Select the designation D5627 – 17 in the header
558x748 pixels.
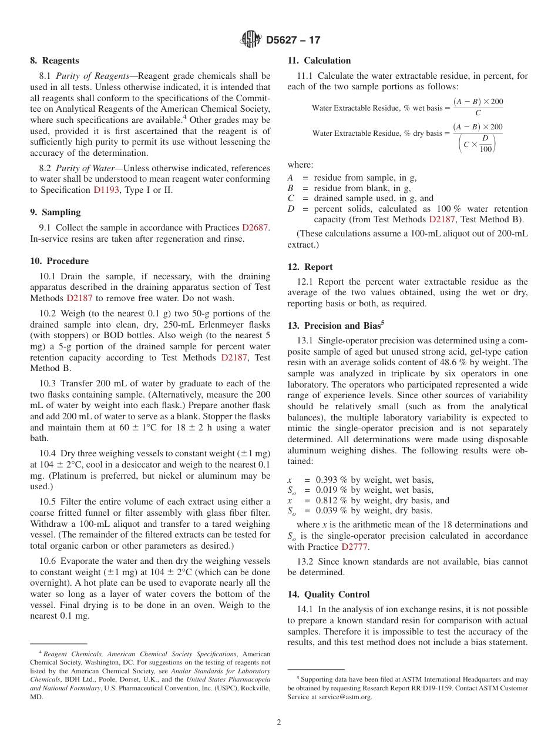pos(293,41)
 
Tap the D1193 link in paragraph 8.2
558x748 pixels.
pos(106,190)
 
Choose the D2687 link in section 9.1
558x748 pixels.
pos(255,228)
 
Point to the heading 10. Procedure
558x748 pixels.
pos(59,261)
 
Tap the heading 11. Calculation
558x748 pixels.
pos(319,61)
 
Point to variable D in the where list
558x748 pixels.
pos(290,209)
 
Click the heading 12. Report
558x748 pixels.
pos(310,267)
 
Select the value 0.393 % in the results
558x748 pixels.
pos(331,480)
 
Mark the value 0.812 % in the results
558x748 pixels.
pos(331,500)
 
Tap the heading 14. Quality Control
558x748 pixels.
pos(329,595)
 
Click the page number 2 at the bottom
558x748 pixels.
pos(279,723)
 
